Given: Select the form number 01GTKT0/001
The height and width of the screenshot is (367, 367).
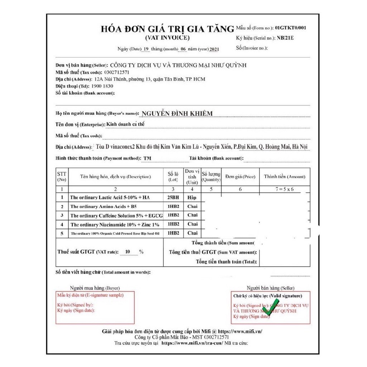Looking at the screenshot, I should pos(291,28).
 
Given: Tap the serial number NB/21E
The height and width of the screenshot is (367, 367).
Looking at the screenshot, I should pos(285,38).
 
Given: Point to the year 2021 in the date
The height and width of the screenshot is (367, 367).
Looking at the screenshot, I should pos(214,49).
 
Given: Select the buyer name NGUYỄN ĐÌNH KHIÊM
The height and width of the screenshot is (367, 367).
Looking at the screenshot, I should pos(177,114).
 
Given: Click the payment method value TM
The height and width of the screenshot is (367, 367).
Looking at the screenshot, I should pos(147,158).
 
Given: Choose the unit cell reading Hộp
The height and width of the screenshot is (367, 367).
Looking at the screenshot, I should pos(192,197).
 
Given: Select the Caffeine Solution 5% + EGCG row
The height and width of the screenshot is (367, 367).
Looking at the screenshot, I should pos(116,216).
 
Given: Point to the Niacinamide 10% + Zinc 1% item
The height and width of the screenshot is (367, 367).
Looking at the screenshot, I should pos(115,225).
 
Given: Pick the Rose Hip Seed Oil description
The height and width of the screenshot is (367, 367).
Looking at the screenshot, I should pos(115,234).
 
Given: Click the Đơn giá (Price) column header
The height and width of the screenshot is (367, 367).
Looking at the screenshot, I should pos(240,177).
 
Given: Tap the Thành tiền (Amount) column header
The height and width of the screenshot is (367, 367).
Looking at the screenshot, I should pos(285,177).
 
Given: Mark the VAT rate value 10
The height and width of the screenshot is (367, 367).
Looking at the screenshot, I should pos(128,252).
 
